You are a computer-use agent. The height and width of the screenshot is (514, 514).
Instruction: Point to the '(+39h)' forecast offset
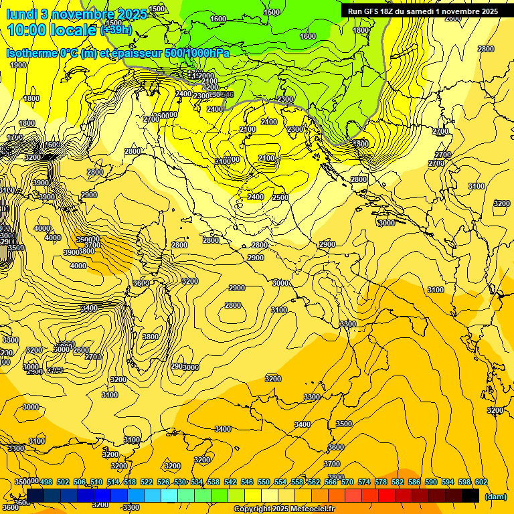pyautogui.click(x=116, y=30)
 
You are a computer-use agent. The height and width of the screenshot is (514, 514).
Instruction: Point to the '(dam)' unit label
pyautogui.click(x=495, y=496)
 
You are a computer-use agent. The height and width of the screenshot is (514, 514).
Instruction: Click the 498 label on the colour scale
pyautogui.click(x=46, y=482)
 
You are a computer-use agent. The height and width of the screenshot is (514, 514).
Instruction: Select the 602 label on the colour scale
pyautogui.click(x=481, y=482)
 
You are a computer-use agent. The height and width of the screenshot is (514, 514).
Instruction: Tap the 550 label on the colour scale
pyautogui.click(x=264, y=482)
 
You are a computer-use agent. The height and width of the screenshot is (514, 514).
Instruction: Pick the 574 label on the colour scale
pyautogui.click(x=364, y=482)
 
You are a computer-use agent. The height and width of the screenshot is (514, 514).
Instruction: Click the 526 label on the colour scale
pyautogui.click(x=163, y=482)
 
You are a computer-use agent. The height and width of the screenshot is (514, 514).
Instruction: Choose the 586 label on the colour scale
pyautogui.click(x=414, y=482)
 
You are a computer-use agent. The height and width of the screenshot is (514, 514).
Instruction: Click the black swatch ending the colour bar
pyautogui.click(x=470, y=495)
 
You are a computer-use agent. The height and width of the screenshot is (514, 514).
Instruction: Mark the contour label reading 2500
pyautogui.click(x=280, y=197)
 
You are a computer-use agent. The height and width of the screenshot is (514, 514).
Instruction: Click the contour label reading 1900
pyautogui.click(x=19, y=65)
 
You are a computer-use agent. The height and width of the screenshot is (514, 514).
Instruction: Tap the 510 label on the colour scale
pyautogui.click(x=96, y=482)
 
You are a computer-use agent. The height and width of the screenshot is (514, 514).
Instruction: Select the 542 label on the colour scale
pyautogui.click(x=230, y=482)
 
